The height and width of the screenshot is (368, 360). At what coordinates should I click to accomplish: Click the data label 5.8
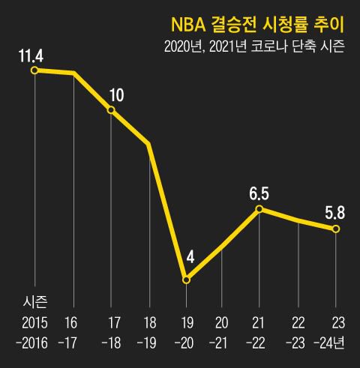(334, 213)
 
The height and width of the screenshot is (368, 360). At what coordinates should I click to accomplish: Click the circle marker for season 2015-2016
(34, 70)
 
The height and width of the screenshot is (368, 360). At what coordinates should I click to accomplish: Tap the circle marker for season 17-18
(111, 110)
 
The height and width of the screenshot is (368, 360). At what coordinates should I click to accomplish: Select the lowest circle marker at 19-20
(187, 280)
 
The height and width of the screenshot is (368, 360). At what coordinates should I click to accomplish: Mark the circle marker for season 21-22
(259, 209)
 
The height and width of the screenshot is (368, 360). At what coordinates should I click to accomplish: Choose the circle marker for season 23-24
(336, 229)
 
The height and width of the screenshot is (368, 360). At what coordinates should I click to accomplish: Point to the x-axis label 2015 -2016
(34, 335)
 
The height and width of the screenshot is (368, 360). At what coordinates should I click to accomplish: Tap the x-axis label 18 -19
(148, 335)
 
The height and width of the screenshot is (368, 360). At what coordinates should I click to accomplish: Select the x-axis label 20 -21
(222, 335)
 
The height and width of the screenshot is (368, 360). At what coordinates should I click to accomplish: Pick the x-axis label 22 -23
(298, 335)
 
